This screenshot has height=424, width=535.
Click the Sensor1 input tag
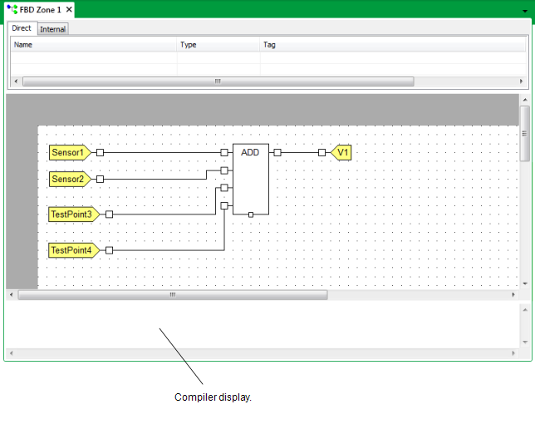tap(70, 153)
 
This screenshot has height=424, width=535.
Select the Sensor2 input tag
tap(70, 180)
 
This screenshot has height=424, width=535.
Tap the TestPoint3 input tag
tap(74, 214)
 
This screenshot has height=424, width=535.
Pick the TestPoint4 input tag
tap(74, 250)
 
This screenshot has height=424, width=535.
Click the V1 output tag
tap(341, 153)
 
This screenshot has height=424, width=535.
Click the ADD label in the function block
tap(250, 152)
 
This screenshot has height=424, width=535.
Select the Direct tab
tap(22, 28)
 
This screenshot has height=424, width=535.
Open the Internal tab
tap(53, 29)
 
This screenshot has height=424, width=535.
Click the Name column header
tap(23, 45)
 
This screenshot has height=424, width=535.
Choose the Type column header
tap(189, 45)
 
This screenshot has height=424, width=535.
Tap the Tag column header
tap(269, 45)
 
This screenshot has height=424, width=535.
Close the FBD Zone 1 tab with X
tap(69, 9)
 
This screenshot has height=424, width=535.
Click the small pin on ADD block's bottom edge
tap(251, 214)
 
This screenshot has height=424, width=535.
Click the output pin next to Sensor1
tap(100, 153)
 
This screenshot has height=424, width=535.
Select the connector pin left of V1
tap(321, 153)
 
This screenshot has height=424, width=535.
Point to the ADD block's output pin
tap(277, 153)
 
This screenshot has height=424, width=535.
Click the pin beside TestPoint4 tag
tap(109, 250)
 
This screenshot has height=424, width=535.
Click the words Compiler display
tap(213, 397)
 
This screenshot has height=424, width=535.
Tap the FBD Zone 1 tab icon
tap(12, 9)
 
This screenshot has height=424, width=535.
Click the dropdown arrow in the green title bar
tap(525, 11)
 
